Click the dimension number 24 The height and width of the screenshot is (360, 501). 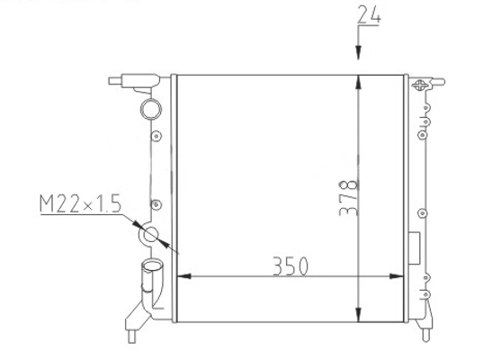click(x=369, y=14)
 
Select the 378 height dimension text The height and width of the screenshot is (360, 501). click(x=349, y=198)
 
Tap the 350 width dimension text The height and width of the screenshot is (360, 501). click(x=291, y=266)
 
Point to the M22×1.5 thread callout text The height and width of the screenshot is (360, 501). click(x=81, y=203)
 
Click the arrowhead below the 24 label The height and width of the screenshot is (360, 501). click(x=358, y=52)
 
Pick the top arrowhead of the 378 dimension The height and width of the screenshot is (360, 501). click(x=358, y=83)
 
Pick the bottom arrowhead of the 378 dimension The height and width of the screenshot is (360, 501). click(x=358, y=315)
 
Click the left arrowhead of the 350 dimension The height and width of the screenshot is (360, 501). click(x=184, y=276)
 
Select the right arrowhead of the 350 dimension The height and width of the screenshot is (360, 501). click(x=397, y=276)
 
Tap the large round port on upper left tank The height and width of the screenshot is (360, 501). click(x=151, y=109)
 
